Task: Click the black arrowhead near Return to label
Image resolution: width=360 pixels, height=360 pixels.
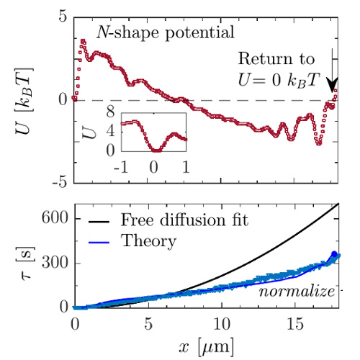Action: tap(333, 85)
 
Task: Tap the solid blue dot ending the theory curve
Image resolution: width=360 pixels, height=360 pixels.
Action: tap(334, 254)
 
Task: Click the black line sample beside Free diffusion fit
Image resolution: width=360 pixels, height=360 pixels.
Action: tap(99, 222)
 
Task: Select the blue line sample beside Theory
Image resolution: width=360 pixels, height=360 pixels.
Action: tap(99, 243)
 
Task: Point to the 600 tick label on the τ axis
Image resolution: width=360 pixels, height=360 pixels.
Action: tap(55, 218)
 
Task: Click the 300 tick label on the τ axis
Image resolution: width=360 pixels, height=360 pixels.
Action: tap(55, 262)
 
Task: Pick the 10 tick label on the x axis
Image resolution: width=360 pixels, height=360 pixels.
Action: tap(222, 324)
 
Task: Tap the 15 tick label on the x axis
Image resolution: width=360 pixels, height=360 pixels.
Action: tap(295, 324)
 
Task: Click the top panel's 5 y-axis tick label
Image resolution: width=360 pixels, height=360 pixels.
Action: tap(63, 17)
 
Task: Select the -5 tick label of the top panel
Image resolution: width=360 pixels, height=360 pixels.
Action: tap(60, 182)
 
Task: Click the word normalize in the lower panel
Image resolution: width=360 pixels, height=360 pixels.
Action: tap(297, 292)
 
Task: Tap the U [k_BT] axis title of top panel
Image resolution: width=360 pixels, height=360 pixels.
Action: tap(24, 101)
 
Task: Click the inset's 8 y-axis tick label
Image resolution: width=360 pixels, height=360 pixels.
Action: tap(110, 112)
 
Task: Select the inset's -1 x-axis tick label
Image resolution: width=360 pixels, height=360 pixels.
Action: tap(121, 167)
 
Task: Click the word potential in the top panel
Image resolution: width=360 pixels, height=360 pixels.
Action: tap(199, 33)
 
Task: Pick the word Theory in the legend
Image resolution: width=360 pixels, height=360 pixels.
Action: tap(148, 241)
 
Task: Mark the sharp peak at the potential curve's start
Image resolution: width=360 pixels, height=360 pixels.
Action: tap(83, 42)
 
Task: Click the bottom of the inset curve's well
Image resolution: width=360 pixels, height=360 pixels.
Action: tap(156, 150)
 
